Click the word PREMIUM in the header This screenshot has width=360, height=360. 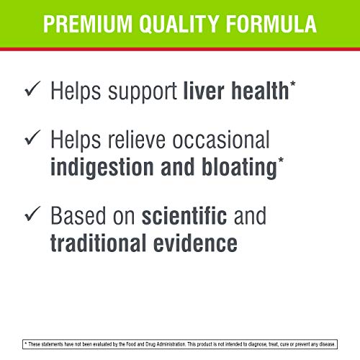(x=88, y=24)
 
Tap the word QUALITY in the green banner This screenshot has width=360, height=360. (x=179, y=24)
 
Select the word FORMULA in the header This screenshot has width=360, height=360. (x=271, y=24)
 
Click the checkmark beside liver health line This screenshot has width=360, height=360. (x=32, y=89)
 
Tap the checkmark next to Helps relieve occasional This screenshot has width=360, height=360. (x=32, y=138)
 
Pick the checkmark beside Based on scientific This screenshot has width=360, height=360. (x=32, y=213)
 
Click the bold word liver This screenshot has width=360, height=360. (x=204, y=91)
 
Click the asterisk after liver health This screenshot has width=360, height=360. (x=293, y=85)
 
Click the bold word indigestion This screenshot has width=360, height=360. (x=102, y=168)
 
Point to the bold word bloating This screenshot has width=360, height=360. (x=240, y=168)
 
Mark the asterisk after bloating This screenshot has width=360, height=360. (x=281, y=161)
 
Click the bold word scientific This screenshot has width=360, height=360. (x=184, y=215)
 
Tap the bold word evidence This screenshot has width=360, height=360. (x=195, y=243)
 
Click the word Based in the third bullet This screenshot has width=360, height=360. (x=78, y=215)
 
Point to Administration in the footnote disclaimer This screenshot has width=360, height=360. (x=171, y=344)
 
